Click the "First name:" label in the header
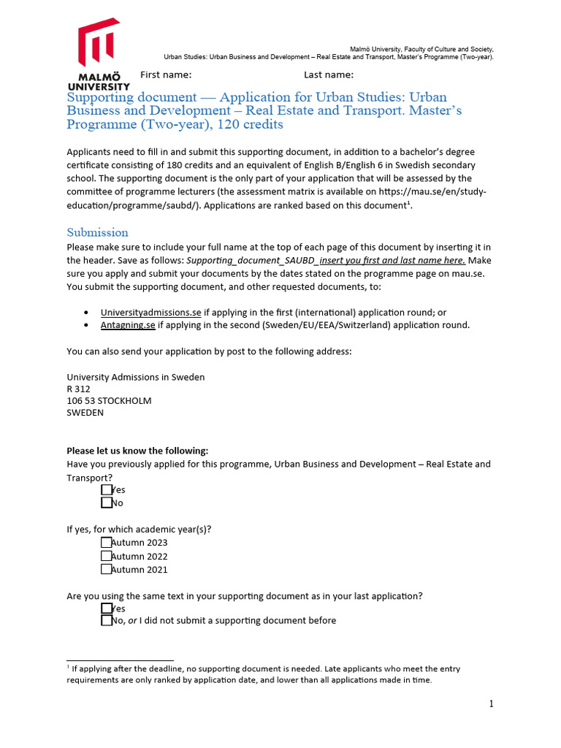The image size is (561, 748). point(166,75)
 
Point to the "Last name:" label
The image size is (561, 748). point(329,75)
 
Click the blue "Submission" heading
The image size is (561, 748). point(97,232)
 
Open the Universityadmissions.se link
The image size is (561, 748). point(150,312)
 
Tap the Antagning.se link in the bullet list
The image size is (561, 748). point(128,325)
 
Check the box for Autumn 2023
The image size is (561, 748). point(107,542)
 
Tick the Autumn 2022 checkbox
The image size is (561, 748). point(107,556)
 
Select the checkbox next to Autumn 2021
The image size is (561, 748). point(107,569)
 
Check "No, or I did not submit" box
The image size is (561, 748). point(107,620)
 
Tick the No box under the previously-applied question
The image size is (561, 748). point(107,503)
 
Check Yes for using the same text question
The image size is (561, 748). point(107,608)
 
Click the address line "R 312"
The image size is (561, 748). point(78,389)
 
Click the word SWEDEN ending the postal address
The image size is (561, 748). point(85,412)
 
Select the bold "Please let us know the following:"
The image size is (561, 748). point(137,451)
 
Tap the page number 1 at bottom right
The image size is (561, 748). point(492,703)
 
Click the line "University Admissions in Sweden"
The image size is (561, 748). point(135,377)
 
